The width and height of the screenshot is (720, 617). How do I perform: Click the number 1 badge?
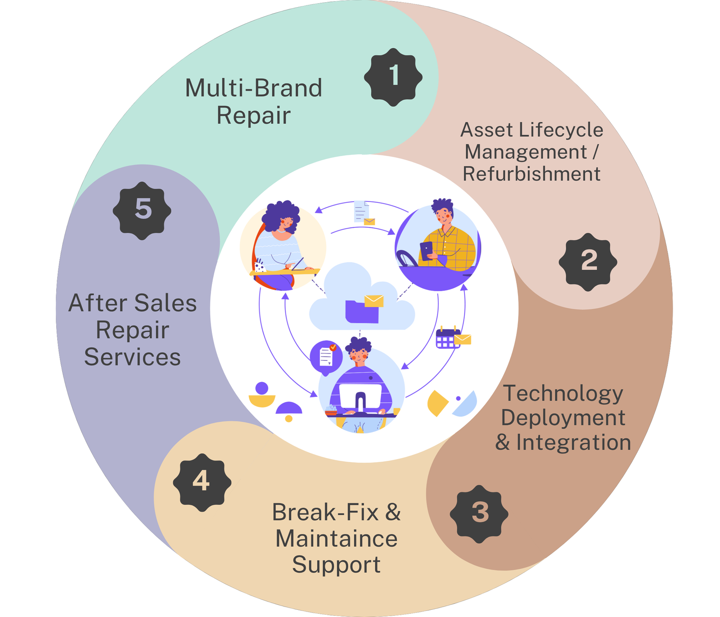(x=393, y=77)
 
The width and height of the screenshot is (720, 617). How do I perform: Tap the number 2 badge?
(x=588, y=261)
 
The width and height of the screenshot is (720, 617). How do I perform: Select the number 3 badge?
(x=479, y=513)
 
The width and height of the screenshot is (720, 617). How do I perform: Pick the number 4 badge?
(x=202, y=482)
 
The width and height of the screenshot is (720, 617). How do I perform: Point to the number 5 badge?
(x=142, y=211)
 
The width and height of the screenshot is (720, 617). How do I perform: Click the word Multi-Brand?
(x=253, y=88)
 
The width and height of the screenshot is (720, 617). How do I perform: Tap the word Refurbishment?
(x=531, y=174)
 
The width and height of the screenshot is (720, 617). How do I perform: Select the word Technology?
(x=562, y=393)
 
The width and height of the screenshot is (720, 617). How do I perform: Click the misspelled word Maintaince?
(x=336, y=539)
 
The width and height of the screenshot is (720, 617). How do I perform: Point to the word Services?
(x=132, y=357)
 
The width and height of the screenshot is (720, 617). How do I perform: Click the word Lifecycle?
(x=561, y=130)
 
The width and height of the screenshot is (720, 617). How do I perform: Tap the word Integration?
(x=573, y=442)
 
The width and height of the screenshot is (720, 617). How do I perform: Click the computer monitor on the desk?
(x=360, y=396)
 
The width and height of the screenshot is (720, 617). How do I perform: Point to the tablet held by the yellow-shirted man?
(x=426, y=250)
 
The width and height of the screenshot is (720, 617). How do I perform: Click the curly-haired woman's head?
(x=281, y=217)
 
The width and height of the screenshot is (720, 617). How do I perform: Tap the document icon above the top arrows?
(x=361, y=211)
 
